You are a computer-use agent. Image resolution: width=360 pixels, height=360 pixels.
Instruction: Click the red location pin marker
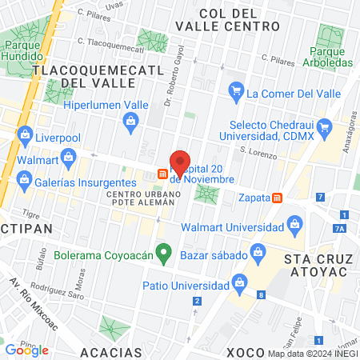pyautogui.click(x=181, y=162)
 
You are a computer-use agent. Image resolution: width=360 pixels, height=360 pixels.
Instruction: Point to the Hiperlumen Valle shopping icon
pyautogui.click(x=130, y=121)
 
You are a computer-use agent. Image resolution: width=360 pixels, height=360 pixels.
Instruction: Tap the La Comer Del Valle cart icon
pyautogui.click(x=235, y=94)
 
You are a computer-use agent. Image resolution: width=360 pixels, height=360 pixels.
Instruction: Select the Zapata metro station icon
pyautogui.click(x=278, y=198)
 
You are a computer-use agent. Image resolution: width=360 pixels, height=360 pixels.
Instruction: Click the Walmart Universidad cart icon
pyautogui.click(x=294, y=222)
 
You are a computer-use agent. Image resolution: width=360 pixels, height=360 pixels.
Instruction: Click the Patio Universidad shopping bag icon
pyautogui.click(x=238, y=282)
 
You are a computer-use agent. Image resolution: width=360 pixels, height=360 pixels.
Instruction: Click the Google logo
pyautogui.click(x=26, y=349)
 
